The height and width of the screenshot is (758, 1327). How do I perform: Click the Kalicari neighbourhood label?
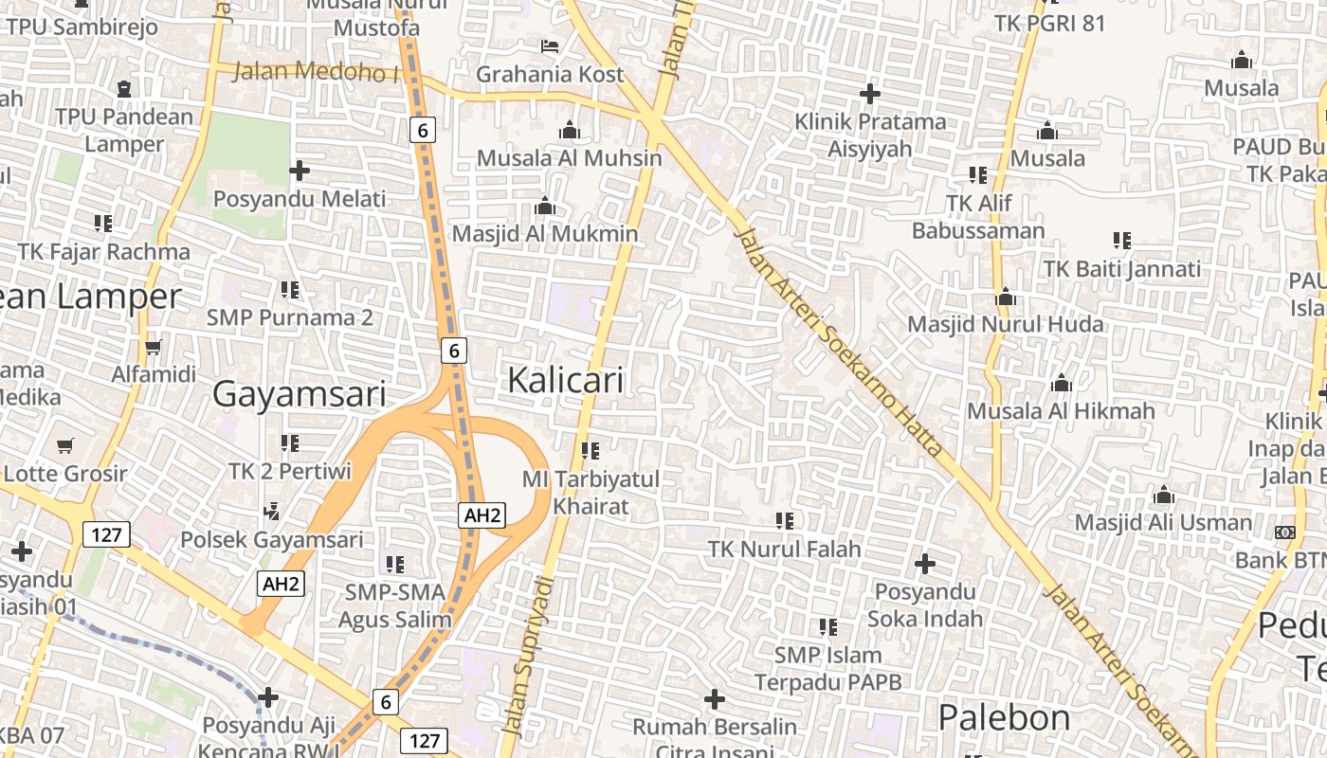[x=566, y=380]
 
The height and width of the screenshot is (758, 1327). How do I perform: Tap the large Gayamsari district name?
[x=299, y=393]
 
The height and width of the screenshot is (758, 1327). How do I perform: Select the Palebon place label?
[x=1004, y=717]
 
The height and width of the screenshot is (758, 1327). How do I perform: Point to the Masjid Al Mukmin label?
[x=545, y=233]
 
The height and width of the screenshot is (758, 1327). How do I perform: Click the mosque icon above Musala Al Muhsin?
[x=570, y=130]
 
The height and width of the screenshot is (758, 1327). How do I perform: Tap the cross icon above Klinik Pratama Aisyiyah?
[x=870, y=94]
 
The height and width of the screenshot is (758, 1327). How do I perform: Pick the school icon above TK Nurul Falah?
[x=785, y=520]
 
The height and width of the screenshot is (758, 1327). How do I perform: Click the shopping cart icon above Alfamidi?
[x=154, y=347]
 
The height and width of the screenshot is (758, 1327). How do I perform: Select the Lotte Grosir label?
[x=65, y=473]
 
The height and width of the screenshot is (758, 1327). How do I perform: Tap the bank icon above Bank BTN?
[x=1285, y=532]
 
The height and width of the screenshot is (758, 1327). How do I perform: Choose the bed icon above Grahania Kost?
[x=550, y=45]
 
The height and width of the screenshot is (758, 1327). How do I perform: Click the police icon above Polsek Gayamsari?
[x=272, y=512]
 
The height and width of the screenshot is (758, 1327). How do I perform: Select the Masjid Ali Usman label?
[x=1163, y=522]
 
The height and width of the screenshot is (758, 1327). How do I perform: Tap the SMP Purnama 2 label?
[x=290, y=316]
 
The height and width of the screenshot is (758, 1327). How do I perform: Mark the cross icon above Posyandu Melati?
[x=300, y=171]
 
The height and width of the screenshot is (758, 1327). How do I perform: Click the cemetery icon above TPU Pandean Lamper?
[x=123, y=89]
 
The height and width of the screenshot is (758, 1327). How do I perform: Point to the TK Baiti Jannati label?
[x=1122, y=269]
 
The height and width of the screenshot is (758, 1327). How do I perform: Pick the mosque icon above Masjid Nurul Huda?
[x=1006, y=298]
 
